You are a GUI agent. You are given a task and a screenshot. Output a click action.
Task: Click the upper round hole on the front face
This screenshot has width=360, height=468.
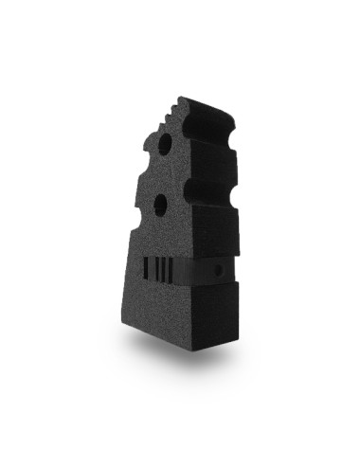click(165, 145)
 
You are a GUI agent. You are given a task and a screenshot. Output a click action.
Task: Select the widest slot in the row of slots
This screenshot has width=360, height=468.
click(145, 267)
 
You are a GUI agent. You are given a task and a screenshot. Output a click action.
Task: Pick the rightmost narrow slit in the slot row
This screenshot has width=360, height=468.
click(171, 269)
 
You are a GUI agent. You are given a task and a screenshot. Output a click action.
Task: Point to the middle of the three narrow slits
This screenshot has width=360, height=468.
click(165, 268)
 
